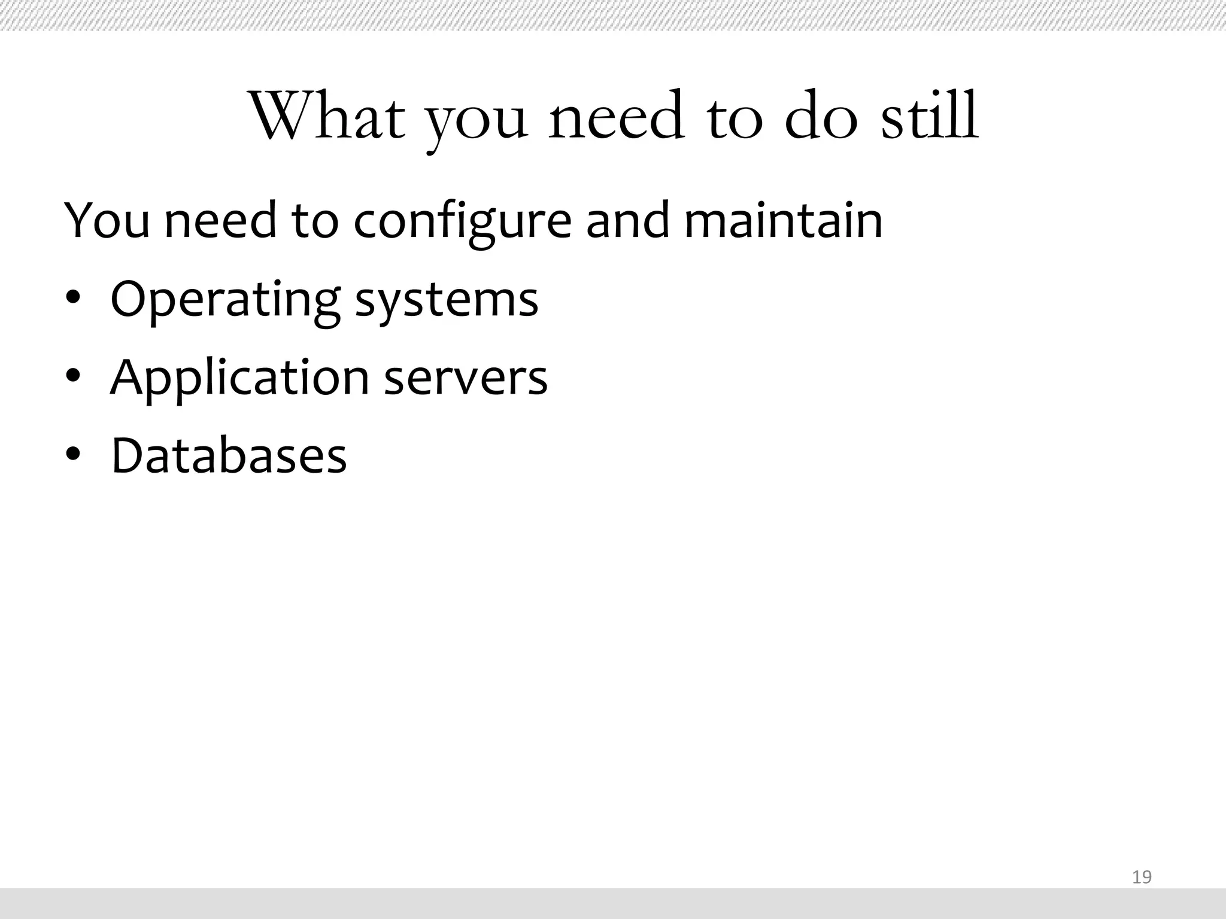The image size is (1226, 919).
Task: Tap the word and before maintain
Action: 627,220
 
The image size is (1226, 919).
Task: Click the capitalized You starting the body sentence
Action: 107,220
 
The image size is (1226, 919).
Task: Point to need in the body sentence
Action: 220,220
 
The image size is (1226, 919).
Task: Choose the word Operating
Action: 225,300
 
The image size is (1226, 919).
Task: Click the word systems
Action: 447,300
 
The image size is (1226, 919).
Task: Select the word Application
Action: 239,379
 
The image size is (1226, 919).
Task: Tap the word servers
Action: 465,379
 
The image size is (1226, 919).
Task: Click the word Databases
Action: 229,455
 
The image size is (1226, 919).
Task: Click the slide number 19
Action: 1142,877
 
